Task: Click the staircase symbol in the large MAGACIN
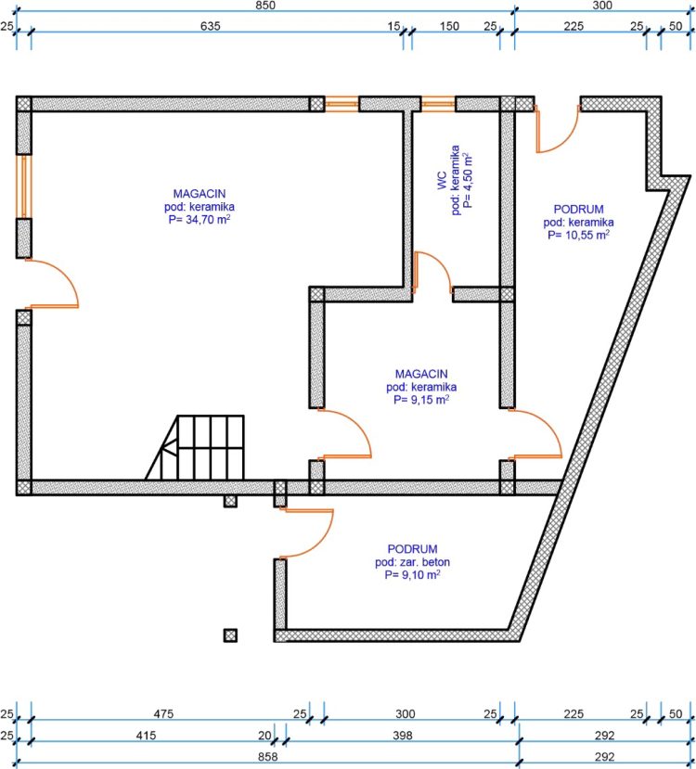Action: (195, 447)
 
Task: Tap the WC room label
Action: (442, 181)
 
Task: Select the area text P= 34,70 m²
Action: (200, 219)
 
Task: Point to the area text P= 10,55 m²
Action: (579, 235)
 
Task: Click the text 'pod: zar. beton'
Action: (413, 562)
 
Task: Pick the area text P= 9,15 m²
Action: (421, 400)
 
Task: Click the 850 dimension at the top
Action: (265, 6)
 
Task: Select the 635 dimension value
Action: (211, 26)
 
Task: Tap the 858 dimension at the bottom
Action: (268, 757)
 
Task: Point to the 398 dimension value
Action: (403, 736)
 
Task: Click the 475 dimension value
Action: (163, 714)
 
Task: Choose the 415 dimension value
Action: (147, 736)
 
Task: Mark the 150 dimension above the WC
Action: (449, 26)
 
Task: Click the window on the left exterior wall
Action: (23, 186)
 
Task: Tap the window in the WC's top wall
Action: (438, 104)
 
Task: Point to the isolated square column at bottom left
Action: (230, 635)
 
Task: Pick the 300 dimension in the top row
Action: (602, 6)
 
